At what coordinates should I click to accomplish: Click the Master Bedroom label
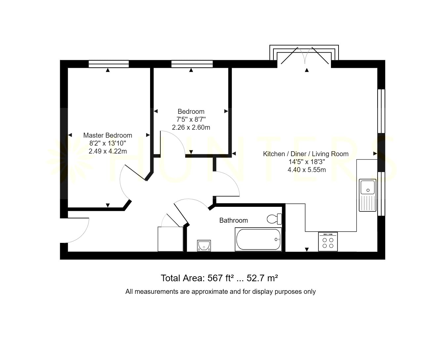107,135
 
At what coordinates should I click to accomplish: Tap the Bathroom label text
233,220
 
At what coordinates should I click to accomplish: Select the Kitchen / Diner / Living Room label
306,154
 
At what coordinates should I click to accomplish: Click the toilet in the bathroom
274,219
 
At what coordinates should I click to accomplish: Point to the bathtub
258,239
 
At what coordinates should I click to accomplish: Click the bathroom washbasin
204,246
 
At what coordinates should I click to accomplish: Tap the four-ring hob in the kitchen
328,242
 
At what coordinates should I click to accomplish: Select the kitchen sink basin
368,187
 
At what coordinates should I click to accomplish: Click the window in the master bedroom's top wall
109,64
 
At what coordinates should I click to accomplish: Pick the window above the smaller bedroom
192,64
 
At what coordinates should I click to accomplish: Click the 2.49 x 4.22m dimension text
107,151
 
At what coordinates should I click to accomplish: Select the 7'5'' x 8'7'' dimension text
191,119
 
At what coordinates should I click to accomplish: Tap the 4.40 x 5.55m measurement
307,170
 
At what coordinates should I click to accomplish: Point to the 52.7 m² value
262,278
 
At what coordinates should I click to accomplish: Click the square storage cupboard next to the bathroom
171,239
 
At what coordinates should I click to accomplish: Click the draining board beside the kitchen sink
368,202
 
